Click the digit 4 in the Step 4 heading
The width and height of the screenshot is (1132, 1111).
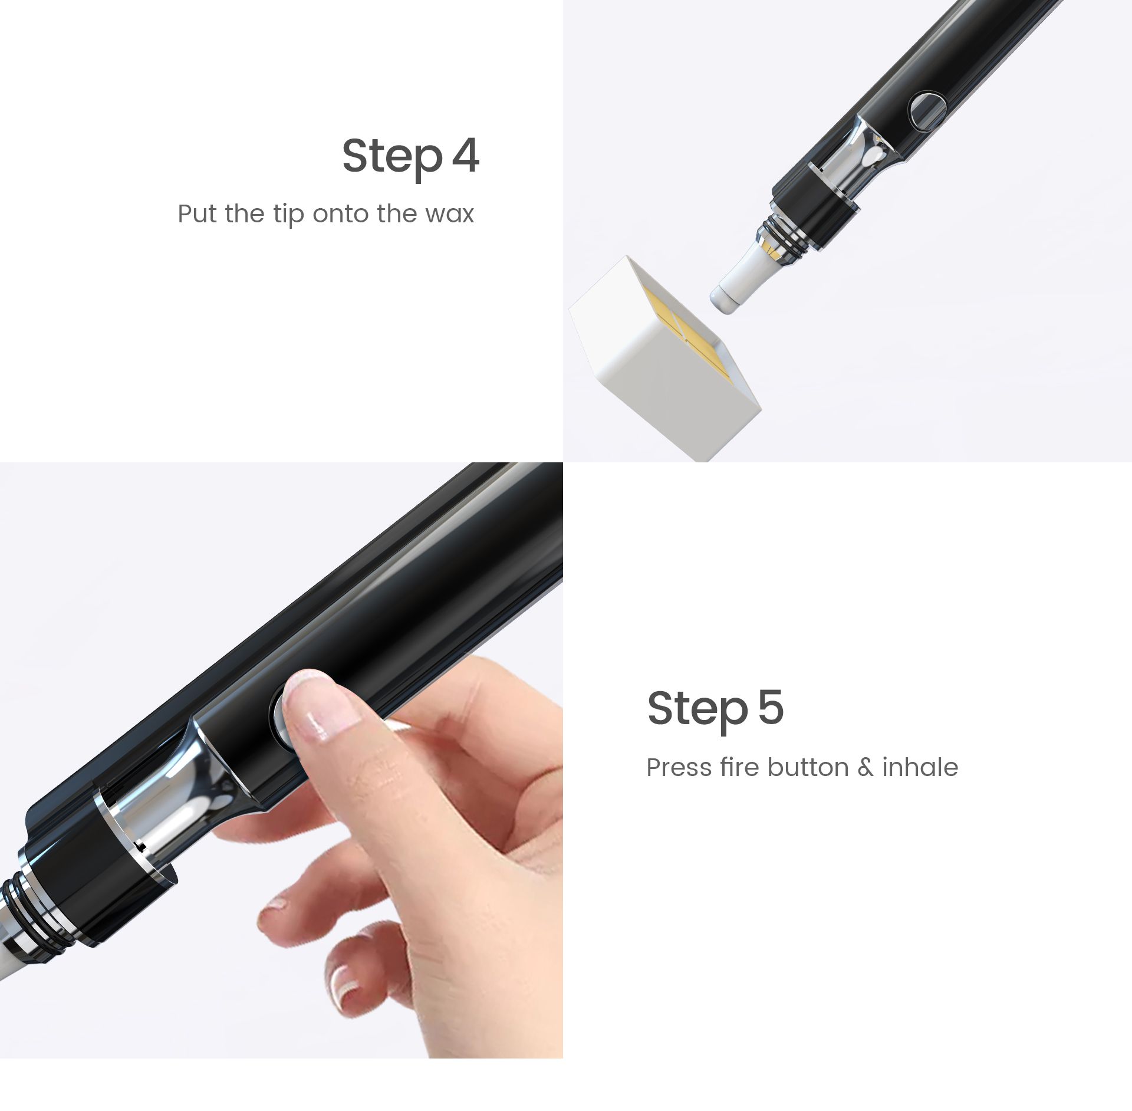tap(465, 156)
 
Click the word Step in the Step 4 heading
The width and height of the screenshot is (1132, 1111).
tap(392, 158)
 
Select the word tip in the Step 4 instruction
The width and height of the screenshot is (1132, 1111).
tap(288, 215)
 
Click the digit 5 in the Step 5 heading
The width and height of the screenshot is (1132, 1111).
tap(771, 707)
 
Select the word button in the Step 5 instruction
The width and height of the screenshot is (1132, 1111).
tap(809, 767)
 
